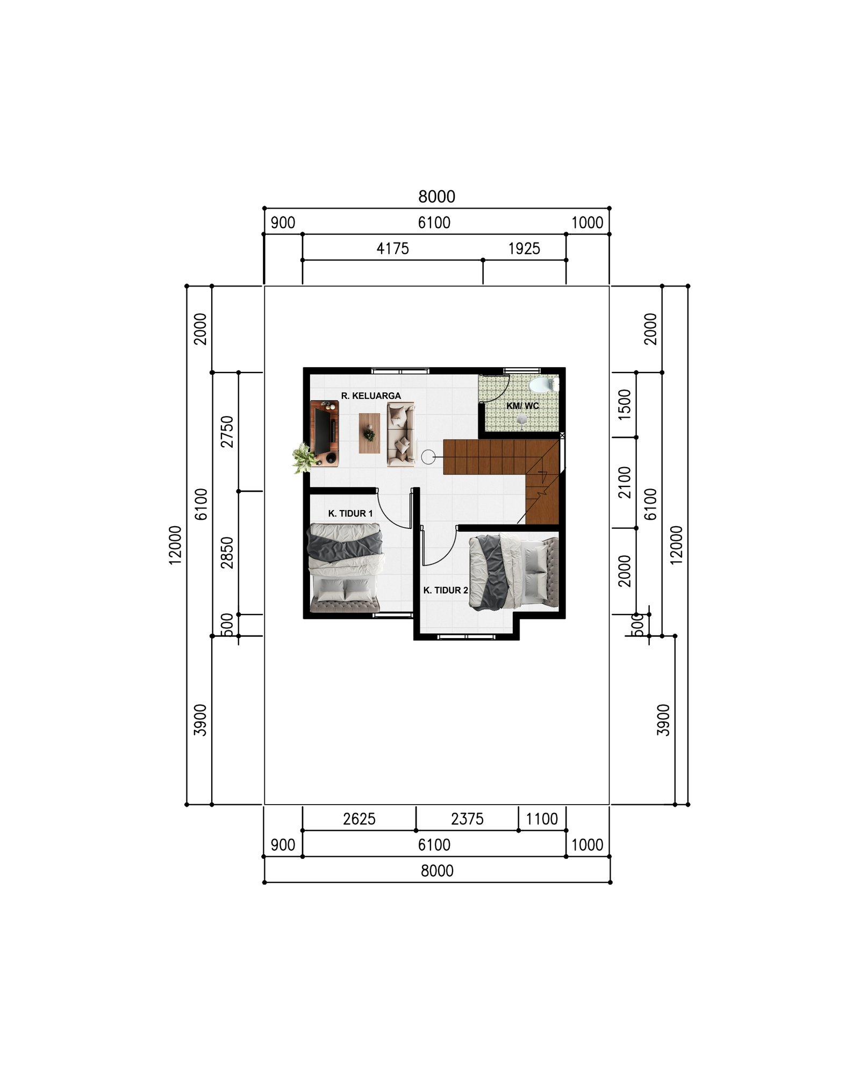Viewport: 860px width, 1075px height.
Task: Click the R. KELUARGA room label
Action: click(371, 396)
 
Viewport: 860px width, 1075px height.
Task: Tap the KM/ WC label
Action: click(522, 405)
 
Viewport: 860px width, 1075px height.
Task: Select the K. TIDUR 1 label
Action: click(350, 513)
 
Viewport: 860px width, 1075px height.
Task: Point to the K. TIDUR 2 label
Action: click(446, 590)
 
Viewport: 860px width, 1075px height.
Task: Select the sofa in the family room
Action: click(401, 434)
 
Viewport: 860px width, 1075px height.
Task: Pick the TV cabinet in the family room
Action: click(325, 433)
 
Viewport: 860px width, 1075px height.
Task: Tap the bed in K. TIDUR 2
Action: click(513, 572)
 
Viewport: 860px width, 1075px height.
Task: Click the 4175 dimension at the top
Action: click(392, 248)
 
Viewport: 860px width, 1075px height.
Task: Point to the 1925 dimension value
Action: click(524, 248)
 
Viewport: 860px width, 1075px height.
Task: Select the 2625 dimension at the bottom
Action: click(359, 819)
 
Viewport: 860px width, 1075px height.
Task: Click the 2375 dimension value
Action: click(467, 819)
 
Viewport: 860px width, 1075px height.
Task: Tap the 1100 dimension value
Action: click(542, 819)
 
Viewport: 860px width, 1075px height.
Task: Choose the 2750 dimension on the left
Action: click(228, 431)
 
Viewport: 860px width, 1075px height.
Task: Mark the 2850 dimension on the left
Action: click(228, 552)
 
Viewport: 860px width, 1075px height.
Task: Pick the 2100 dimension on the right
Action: click(625, 482)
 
